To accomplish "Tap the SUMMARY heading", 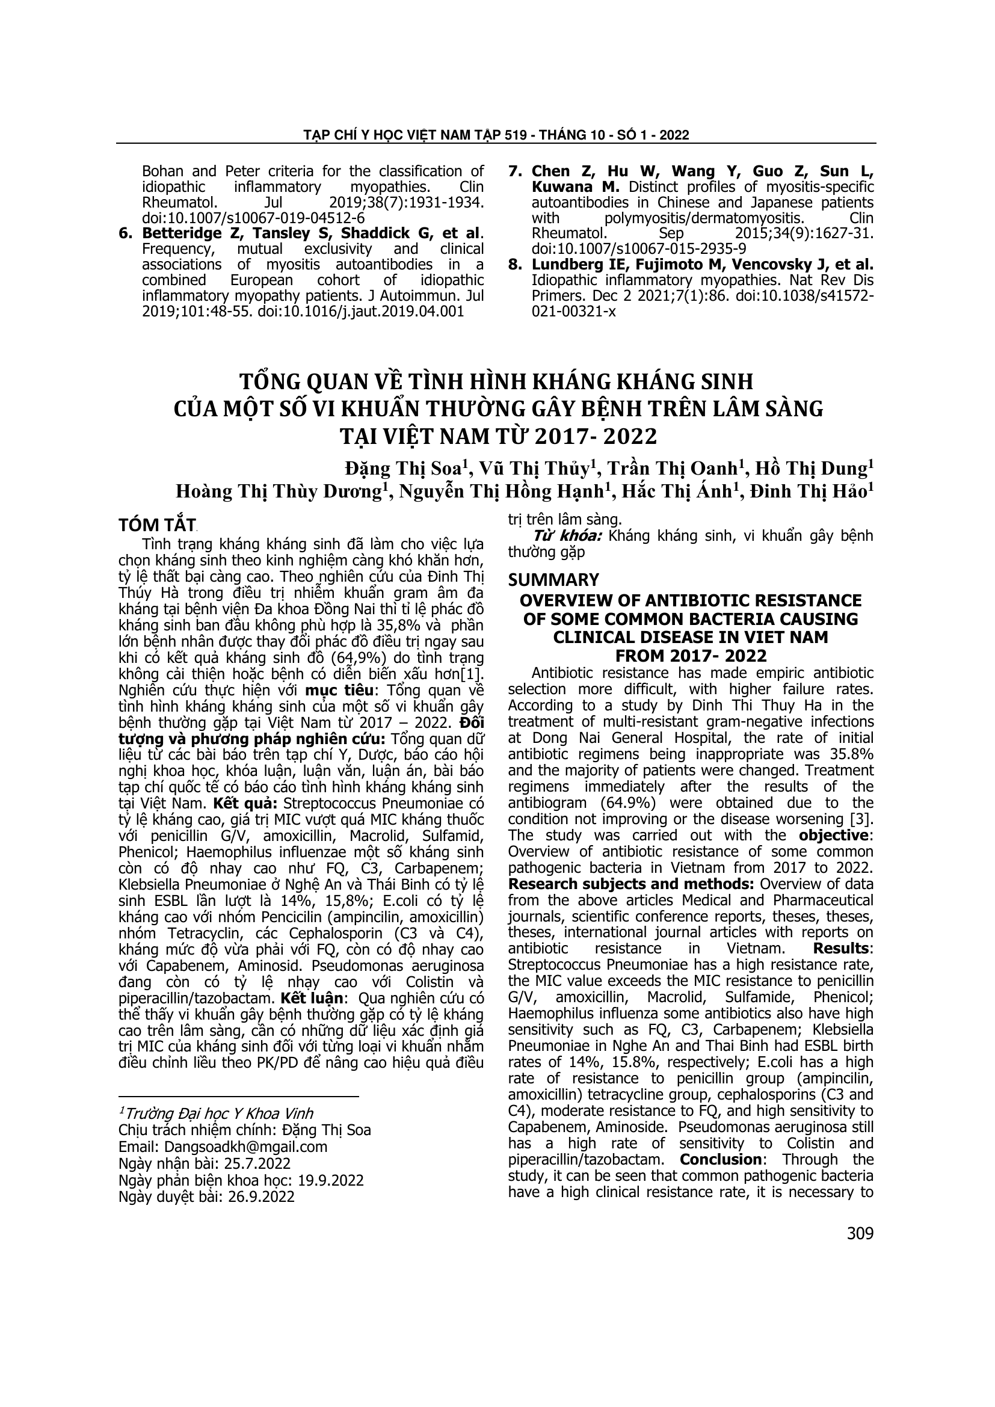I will click(553, 580).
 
